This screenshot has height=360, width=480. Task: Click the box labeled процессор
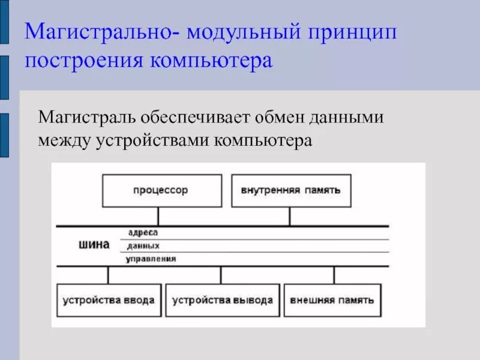161,191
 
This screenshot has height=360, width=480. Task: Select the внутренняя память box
291,191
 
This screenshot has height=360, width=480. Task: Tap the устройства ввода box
108,300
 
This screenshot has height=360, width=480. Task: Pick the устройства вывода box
222,300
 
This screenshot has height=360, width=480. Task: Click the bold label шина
94,245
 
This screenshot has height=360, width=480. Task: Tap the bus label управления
151,259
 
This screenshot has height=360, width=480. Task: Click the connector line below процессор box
158,216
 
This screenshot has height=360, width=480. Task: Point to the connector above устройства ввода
108,275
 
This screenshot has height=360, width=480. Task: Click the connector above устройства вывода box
221,275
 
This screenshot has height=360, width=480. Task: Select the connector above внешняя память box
334,275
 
